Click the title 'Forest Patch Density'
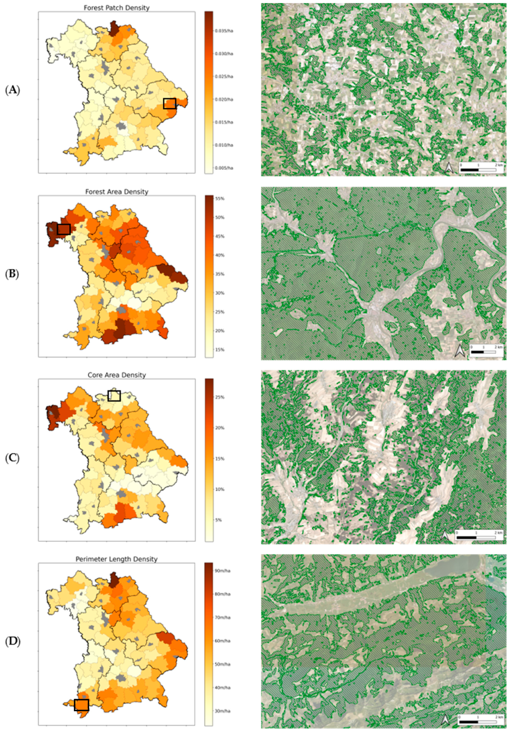[x=116, y=8]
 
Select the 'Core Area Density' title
[x=116, y=375]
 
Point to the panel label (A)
[x=13, y=90]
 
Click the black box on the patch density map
[x=169, y=104]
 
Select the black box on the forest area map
[x=64, y=229]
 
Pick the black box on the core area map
[x=114, y=396]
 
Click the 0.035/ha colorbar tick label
[x=224, y=31]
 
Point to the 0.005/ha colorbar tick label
[x=224, y=168]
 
